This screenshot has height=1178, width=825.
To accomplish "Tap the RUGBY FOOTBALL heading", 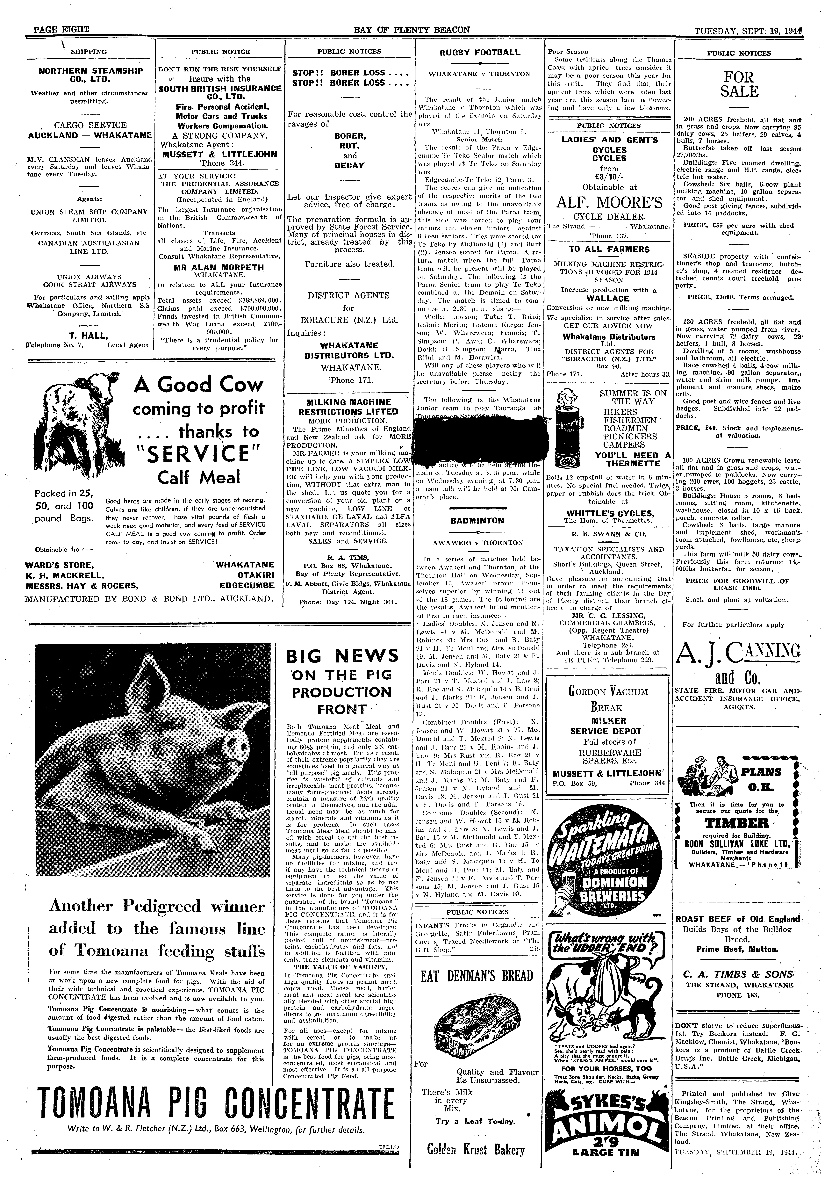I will pos(480,52).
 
